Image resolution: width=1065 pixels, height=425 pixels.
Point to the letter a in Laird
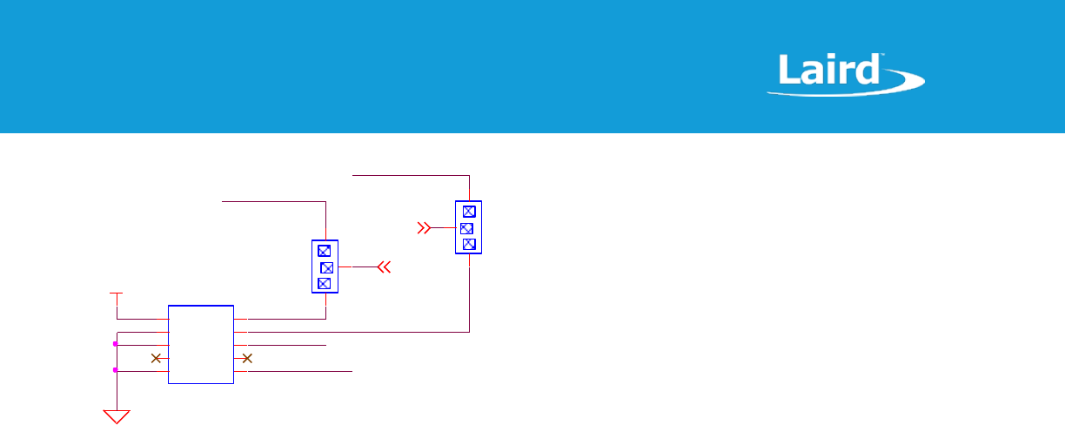(810, 72)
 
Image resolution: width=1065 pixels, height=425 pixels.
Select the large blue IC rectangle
(201, 345)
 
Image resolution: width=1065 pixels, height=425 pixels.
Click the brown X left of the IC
(157, 358)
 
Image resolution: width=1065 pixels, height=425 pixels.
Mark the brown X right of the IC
(247, 358)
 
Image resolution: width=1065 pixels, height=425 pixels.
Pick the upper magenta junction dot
(116, 344)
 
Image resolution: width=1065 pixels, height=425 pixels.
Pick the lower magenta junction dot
(116, 370)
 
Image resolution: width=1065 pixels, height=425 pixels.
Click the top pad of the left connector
(324, 251)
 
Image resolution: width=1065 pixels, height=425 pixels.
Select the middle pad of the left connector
(326, 266)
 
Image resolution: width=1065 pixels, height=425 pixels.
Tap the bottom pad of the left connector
(324, 282)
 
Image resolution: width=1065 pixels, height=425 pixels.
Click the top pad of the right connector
(469, 212)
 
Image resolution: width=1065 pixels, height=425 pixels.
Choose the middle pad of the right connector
(466, 228)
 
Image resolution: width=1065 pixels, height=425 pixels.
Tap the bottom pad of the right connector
(469, 244)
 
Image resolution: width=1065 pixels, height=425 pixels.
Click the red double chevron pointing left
(385, 266)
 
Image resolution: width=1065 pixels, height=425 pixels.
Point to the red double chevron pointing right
(424, 228)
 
